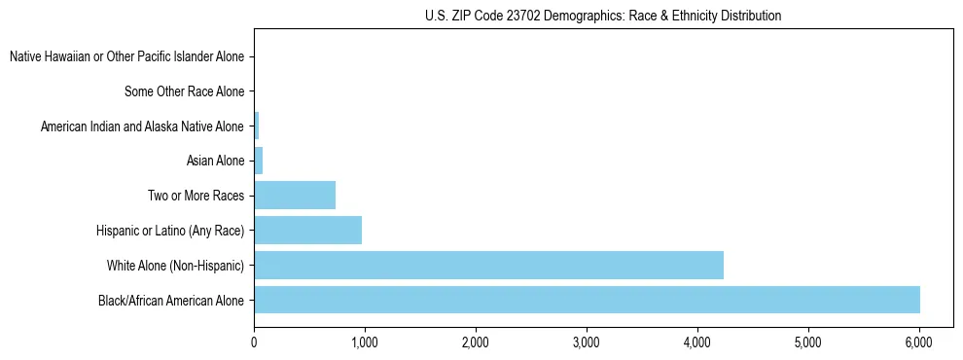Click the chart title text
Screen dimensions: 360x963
click(603, 16)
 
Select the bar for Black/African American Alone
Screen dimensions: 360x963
click(587, 300)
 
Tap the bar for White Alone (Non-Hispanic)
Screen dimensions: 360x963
click(488, 265)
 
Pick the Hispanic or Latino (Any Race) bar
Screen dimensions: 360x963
click(307, 230)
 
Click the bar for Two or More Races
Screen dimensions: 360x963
click(295, 196)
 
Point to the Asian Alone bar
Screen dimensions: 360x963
click(259, 161)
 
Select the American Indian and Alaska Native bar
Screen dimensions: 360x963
click(257, 126)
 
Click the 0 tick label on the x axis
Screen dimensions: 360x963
click(254, 342)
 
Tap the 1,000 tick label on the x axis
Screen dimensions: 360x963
click(365, 342)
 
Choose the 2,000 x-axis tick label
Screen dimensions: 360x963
click(476, 342)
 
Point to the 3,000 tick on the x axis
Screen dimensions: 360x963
click(587, 342)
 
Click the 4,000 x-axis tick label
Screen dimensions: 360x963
click(697, 342)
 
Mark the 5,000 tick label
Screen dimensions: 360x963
click(808, 342)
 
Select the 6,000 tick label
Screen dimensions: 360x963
click(919, 342)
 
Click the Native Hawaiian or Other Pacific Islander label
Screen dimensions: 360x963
click(126, 56)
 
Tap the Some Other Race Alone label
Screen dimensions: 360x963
click(184, 91)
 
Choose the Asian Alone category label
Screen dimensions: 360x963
click(215, 161)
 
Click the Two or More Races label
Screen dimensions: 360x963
click(196, 196)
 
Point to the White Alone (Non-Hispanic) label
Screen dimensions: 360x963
click(175, 265)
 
